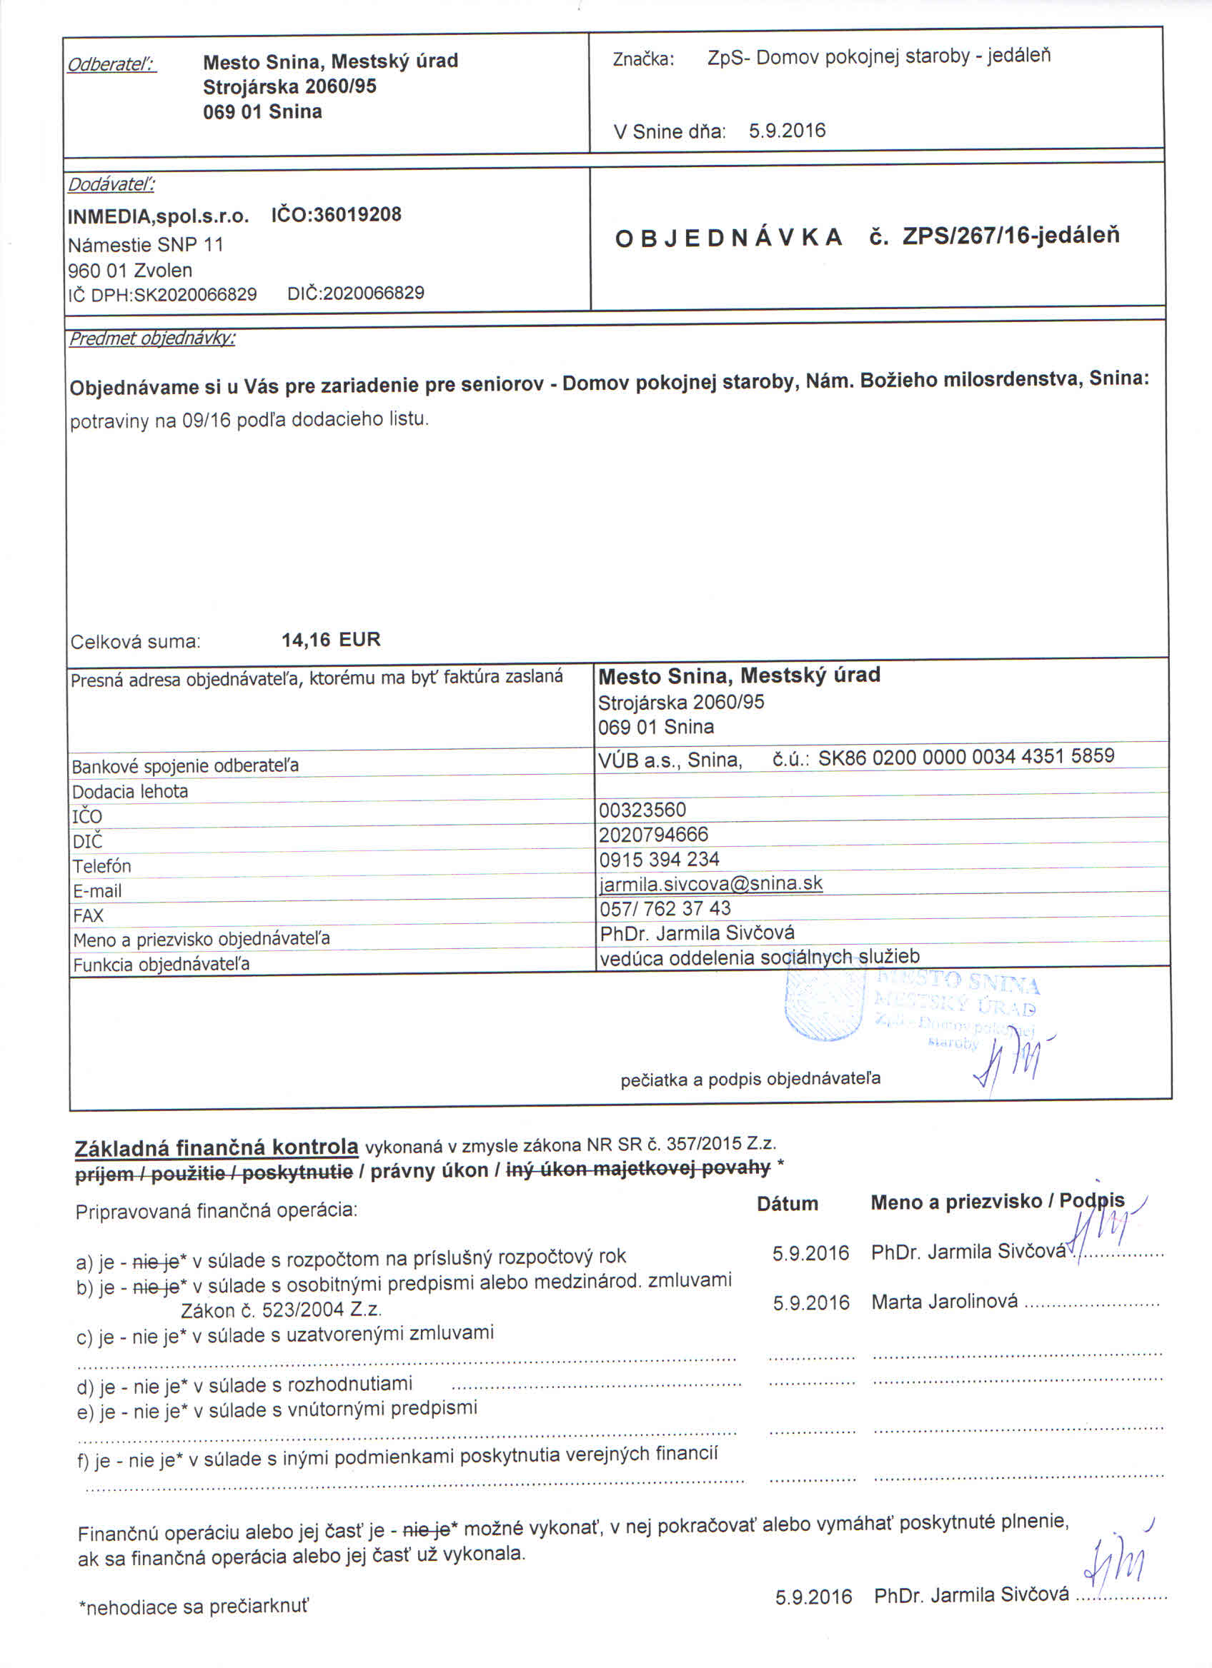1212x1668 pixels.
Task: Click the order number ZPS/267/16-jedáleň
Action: coord(1010,236)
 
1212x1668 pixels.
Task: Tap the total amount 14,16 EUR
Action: coord(330,640)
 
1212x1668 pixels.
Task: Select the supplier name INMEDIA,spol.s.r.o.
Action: coord(158,217)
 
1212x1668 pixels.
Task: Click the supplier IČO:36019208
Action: coord(337,215)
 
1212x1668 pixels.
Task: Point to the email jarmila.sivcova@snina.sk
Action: coord(710,883)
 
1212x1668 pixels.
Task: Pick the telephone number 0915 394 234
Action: coord(659,859)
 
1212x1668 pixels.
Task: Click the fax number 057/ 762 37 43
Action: coord(665,909)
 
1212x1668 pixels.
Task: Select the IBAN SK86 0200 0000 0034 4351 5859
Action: coord(965,757)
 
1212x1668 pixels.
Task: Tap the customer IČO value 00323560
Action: coord(642,810)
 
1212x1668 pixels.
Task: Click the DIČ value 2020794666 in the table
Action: coord(652,835)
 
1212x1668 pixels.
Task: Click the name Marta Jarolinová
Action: coord(944,1302)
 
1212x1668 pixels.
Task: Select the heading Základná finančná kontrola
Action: coord(217,1148)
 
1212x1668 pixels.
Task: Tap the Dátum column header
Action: coord(787,1204)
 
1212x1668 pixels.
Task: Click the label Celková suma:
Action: coord(134,642)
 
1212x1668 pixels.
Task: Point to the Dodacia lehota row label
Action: coord(129,791)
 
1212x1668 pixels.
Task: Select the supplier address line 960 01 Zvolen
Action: coord(129,270)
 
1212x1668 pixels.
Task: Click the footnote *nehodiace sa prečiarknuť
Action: coord(194,1606)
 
